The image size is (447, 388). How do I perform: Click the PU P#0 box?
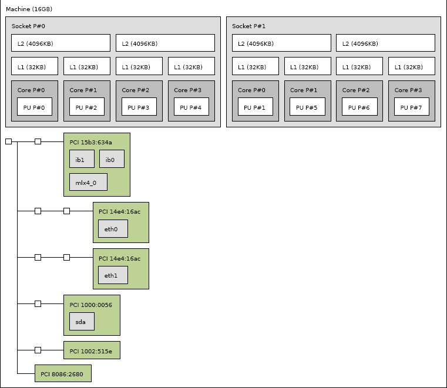pos(35,107)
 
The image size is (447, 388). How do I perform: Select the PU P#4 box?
pos(191,107)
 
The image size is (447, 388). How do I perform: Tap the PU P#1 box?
pos(255,107)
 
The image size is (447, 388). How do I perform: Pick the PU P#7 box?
pos(412,107)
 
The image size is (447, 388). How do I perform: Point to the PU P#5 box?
pos(307,107)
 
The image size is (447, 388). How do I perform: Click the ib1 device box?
pos(82,159)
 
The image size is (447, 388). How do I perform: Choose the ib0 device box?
pos(112,159)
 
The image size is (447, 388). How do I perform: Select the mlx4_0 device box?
pos(88,182)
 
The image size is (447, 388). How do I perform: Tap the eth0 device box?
pos(113,228)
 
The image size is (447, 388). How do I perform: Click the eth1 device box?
pos(113,275)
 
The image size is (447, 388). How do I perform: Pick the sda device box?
pos(82,321)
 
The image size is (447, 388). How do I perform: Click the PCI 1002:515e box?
pos(92,350)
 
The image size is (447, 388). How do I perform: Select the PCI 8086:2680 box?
pos(63,373)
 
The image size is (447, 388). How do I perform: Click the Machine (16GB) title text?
pos(29,9)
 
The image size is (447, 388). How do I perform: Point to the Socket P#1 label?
pos(248,26)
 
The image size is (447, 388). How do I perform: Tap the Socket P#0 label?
pos(28,26)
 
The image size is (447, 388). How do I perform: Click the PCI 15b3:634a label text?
pos(90,143)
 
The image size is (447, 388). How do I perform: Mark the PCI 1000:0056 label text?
pos(90,305)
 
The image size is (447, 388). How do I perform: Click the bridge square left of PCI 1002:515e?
pos(38,350)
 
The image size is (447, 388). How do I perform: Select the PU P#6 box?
pos(359,107)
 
